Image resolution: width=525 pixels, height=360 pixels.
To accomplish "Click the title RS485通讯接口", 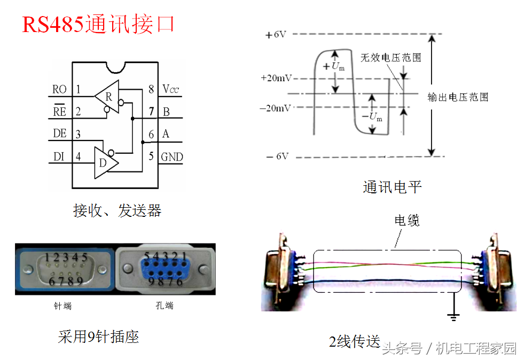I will coord(99,25).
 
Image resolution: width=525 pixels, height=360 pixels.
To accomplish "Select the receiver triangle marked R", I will coord(108,96).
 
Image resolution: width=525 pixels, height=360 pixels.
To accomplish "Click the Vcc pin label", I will coord(171,89).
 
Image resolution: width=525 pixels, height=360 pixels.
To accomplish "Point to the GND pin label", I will coord(172,156).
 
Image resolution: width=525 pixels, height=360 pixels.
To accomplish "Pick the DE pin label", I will coord(60,134).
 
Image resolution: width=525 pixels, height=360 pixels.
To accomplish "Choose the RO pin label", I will coord(60,89).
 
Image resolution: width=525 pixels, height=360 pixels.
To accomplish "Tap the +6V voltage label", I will coord(276,35).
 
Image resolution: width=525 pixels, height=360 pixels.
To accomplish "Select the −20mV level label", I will coord(276,107).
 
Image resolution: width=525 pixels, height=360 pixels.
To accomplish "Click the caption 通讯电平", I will coord(393,187).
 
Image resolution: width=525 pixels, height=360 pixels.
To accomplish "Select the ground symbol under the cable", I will coord(453,316).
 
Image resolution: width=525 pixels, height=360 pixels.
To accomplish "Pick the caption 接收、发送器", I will coord(117,210).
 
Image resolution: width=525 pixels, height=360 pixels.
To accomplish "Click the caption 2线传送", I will coord(354,341).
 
